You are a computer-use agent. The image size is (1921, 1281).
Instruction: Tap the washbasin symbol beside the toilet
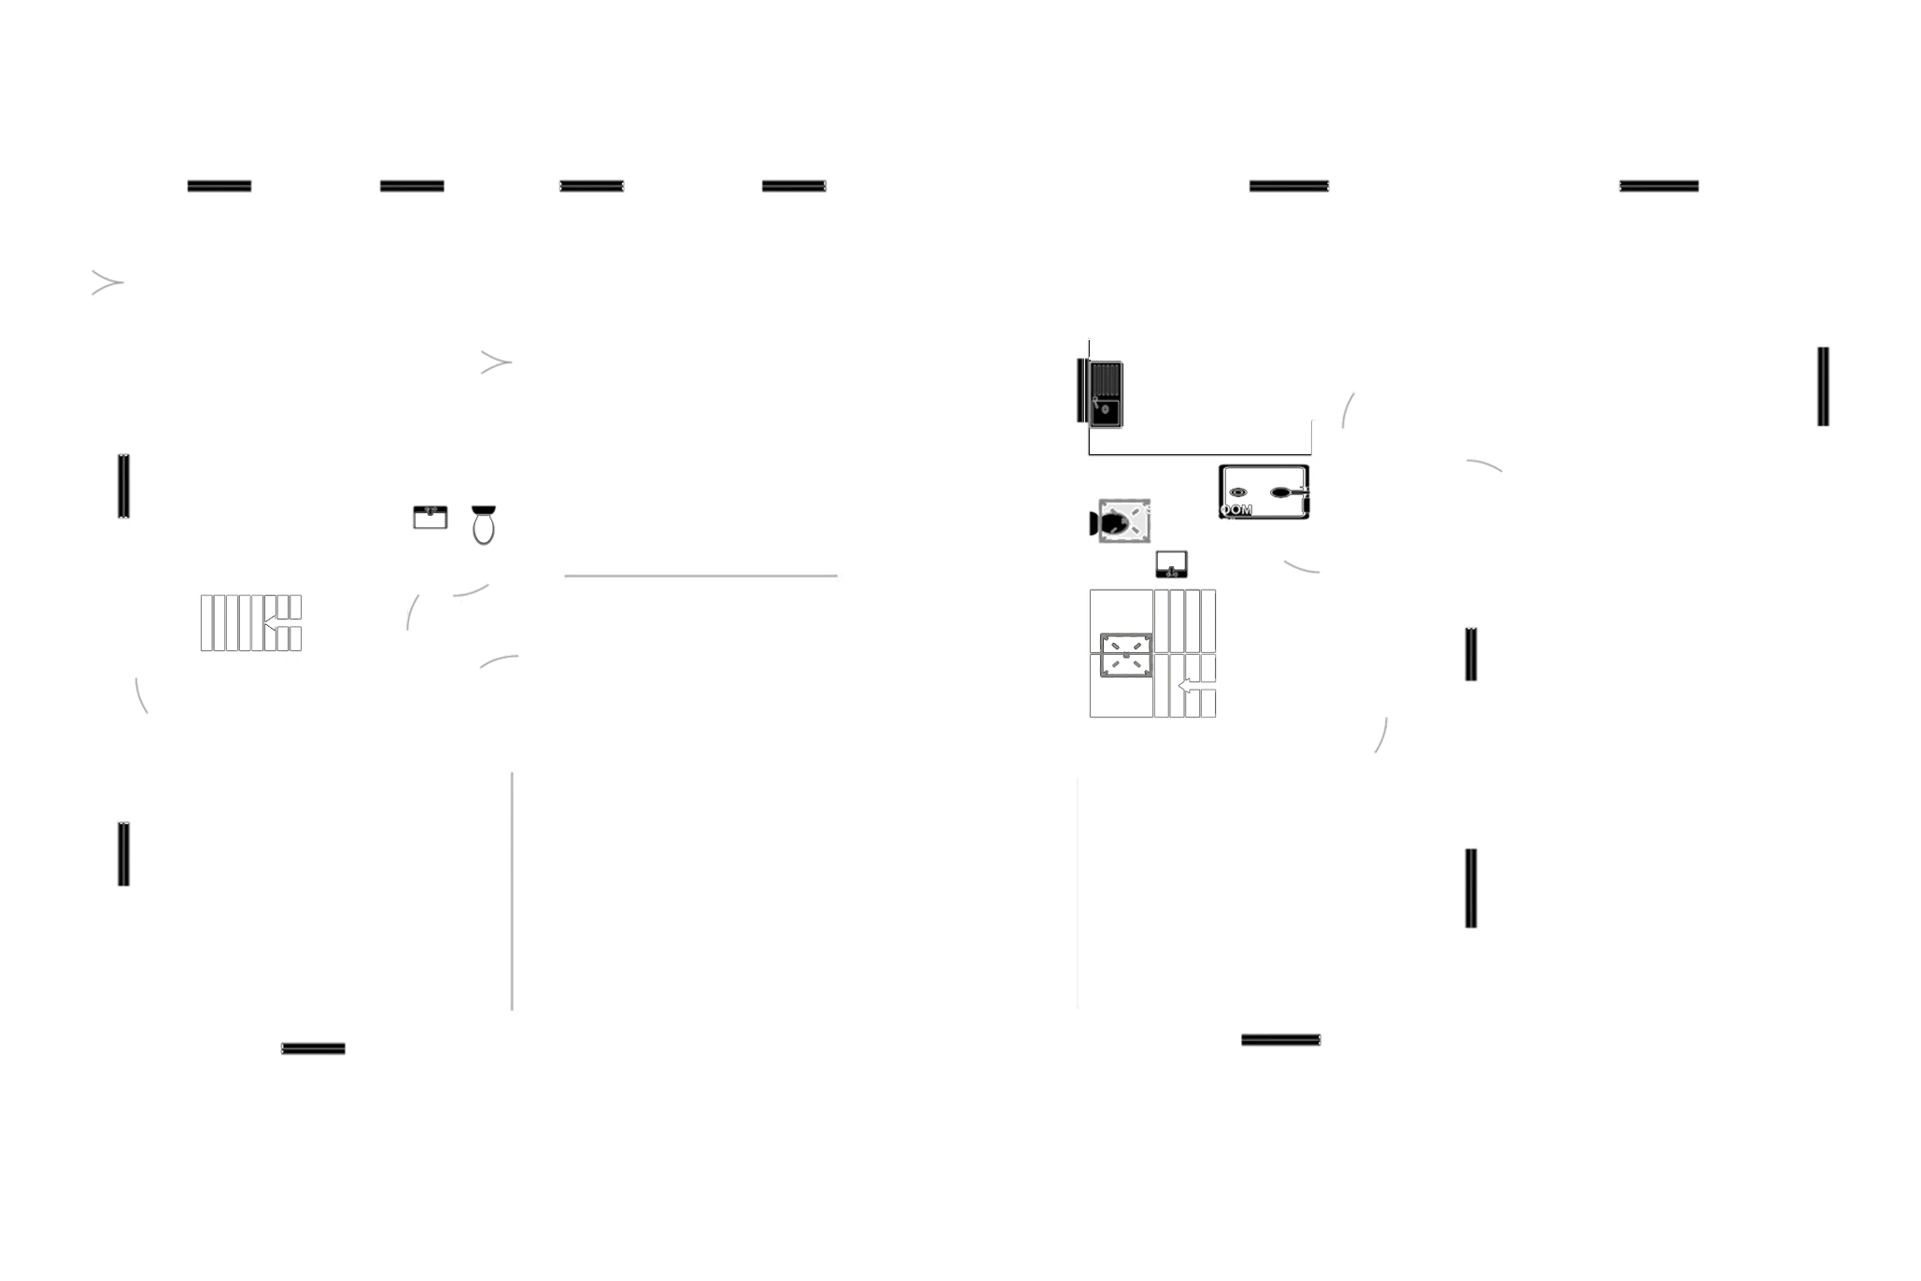pos(430,517)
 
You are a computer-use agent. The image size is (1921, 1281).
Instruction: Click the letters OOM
pos(1236,510)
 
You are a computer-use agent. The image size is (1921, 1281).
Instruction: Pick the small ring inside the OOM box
pos(1237,491)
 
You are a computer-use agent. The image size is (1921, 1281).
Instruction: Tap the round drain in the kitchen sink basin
pos(1104,408)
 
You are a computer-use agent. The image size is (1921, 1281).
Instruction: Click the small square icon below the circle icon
pos(1171,562)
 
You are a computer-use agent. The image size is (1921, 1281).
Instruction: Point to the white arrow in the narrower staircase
pos(276,622)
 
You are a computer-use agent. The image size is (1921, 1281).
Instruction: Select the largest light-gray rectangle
pos(792,891)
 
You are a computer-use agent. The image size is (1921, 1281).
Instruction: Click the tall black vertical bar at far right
pos(1822,385)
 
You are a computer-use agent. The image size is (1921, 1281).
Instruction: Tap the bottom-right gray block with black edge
pos(1695,891)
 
